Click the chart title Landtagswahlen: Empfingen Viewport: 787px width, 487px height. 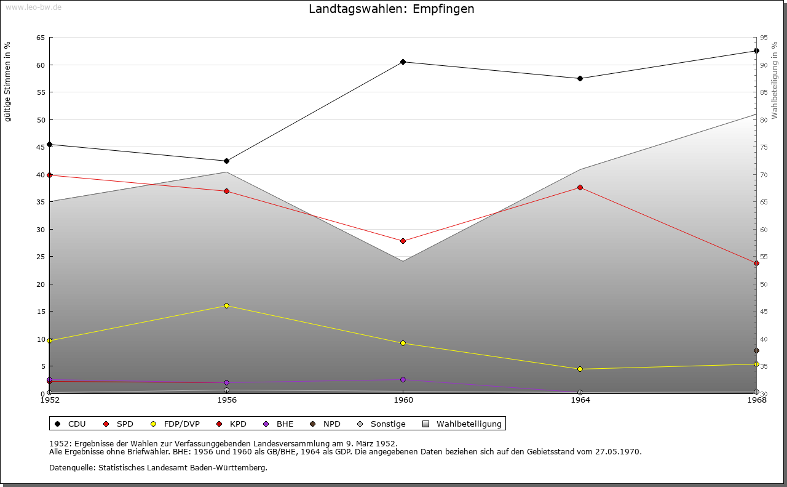[392, 9]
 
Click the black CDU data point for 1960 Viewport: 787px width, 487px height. [403, 62]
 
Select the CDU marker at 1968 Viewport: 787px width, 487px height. [756, 51]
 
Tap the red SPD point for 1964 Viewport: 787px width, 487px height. [580, 187]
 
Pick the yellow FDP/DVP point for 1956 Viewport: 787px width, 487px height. [227, 305]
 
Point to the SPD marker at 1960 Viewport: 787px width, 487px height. [403, 241]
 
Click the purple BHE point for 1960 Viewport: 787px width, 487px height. [403, 379]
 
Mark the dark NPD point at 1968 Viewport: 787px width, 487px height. [756, 351]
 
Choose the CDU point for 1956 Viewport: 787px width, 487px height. [227, 161]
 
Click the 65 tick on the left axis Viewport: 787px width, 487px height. [41, 38]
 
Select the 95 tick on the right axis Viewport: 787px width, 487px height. [763, 38]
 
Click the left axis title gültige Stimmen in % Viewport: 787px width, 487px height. [8, 81]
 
